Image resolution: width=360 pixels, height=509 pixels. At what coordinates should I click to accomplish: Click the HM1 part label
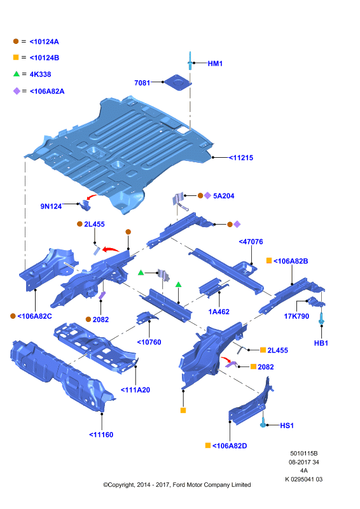pos(215,64)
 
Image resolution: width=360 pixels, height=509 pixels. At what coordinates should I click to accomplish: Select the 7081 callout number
pos(142,83)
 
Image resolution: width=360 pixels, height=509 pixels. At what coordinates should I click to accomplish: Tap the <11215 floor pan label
pos(241,158)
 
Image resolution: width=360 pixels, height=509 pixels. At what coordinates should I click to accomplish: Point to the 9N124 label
pos(51,206)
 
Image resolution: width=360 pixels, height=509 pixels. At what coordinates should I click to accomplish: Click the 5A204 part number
pos(224,196)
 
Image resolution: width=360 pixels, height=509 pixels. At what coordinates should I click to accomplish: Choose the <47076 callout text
pos(251,242)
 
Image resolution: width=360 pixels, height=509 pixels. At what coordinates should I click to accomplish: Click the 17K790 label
pos(296,316)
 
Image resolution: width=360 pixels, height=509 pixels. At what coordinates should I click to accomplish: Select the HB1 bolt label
pos(321,343)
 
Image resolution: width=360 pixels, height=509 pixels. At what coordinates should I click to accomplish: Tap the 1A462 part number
pos(219,312)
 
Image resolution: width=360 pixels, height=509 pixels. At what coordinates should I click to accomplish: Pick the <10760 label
pos(149,342)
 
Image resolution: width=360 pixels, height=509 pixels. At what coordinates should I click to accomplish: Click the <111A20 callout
pos(135,390)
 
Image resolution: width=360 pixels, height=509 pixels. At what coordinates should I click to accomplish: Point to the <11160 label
pos(101,435)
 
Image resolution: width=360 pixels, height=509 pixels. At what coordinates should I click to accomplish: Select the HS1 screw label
pos(287,426)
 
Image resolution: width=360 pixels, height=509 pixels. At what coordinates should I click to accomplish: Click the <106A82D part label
pos(230,446)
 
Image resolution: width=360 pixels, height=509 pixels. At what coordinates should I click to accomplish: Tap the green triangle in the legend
pos(17,74)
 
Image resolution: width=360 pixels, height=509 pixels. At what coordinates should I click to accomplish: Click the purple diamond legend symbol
pos(17,91)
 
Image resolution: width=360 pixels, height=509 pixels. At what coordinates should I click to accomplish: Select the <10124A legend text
pos(44,41)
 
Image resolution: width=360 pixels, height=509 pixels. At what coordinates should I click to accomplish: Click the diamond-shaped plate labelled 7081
pos(177,83)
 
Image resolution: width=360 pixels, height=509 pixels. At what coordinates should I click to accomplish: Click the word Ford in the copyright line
pos(179,485)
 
